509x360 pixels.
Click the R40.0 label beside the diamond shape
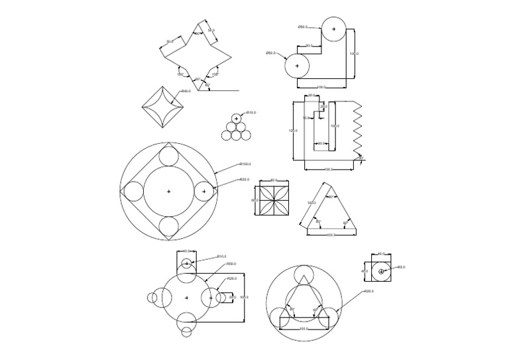click(186, 91)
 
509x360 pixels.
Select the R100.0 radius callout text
click(245, 164)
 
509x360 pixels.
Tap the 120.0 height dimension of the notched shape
click(293, 131)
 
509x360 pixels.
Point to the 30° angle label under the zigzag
click(361, 158)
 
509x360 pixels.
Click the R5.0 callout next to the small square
click(401, 267)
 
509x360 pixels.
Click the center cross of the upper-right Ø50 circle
click(333, 29)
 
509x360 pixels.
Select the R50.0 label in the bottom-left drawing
click(231, 264)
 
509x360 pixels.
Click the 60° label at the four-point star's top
click(197, 34)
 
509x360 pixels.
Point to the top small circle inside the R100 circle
click(168, 156)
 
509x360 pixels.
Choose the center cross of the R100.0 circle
click(168, 192)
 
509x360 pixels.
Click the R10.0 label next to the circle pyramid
click(251, 113)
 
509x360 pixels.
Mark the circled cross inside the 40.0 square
click(381, 272)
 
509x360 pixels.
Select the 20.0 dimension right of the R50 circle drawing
click(232, 297)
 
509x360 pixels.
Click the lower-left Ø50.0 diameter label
click(271, 53)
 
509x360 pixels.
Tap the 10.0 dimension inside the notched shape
click(306, 118)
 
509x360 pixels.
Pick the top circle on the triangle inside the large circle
click(303, 274)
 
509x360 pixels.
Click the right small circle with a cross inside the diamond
click(204, 192)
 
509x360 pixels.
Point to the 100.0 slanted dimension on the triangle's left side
click(310, 204)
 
